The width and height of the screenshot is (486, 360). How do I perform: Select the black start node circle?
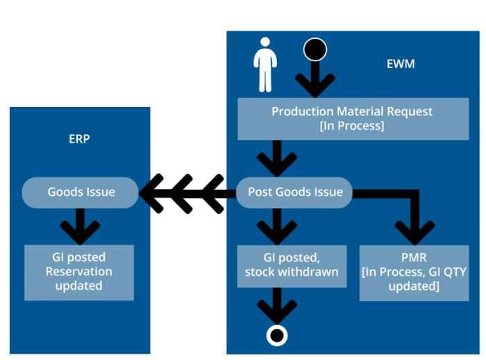tap(315, 49)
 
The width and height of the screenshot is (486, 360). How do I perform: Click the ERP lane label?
tap(79, 139)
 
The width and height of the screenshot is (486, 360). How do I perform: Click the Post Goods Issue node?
tap(294, 192)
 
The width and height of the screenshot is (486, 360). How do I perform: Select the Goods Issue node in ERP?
tap(81, 193)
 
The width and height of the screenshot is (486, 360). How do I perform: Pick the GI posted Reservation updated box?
tap(79, 272)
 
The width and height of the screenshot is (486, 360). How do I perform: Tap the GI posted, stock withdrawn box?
tap(291, 265)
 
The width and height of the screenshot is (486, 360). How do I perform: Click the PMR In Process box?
tap(414, 272)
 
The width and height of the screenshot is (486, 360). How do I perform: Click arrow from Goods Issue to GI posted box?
tap(79, 226)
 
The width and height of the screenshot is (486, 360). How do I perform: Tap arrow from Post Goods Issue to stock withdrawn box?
tap(277, 226)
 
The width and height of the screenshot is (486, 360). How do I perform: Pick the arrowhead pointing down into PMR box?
tap(414, 229)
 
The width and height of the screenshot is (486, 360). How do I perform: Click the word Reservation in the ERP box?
tap(79, 272)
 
